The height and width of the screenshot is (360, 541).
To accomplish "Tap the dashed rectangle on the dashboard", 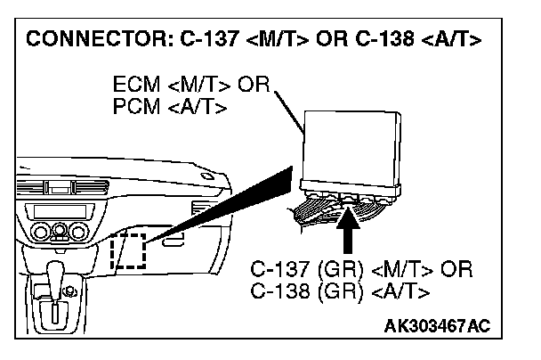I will pos(127,250).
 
